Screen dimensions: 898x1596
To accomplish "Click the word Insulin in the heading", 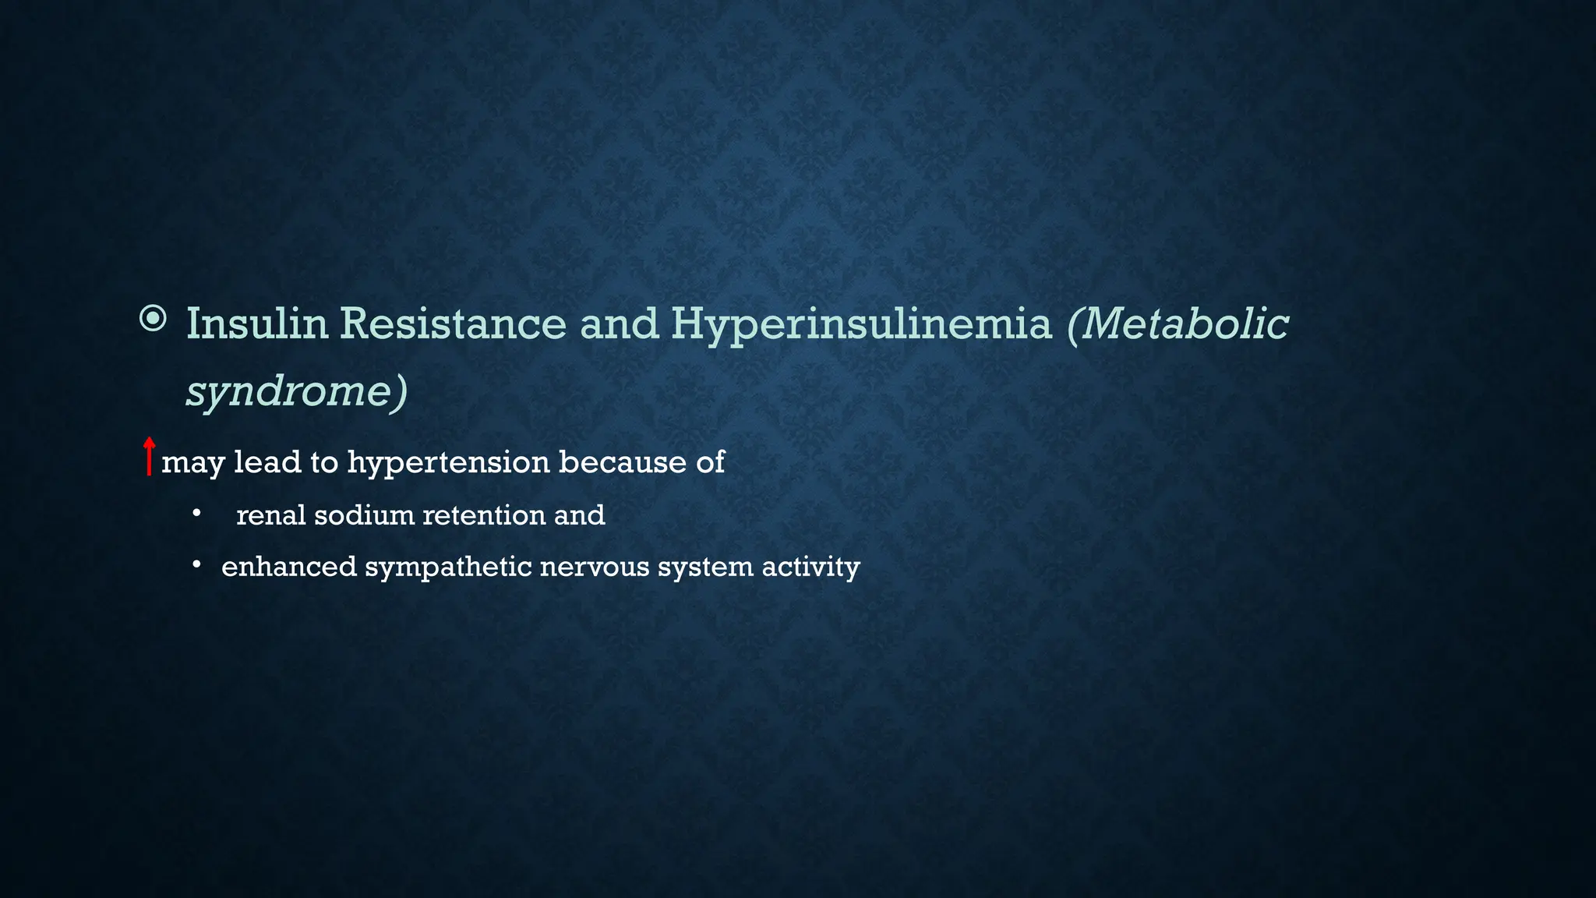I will point(257,323).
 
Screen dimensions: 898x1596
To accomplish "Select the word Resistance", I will point(453,323).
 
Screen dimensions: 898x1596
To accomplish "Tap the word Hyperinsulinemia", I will point(861,323).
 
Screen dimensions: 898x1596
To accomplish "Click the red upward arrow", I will point(149,457).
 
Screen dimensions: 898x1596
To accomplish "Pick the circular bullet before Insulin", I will point(153,319).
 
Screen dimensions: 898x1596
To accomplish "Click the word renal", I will point(270,515).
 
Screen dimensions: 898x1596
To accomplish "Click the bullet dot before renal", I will point(197,514).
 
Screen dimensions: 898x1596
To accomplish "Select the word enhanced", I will point(288,567).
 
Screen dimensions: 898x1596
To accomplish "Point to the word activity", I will point(810,567).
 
